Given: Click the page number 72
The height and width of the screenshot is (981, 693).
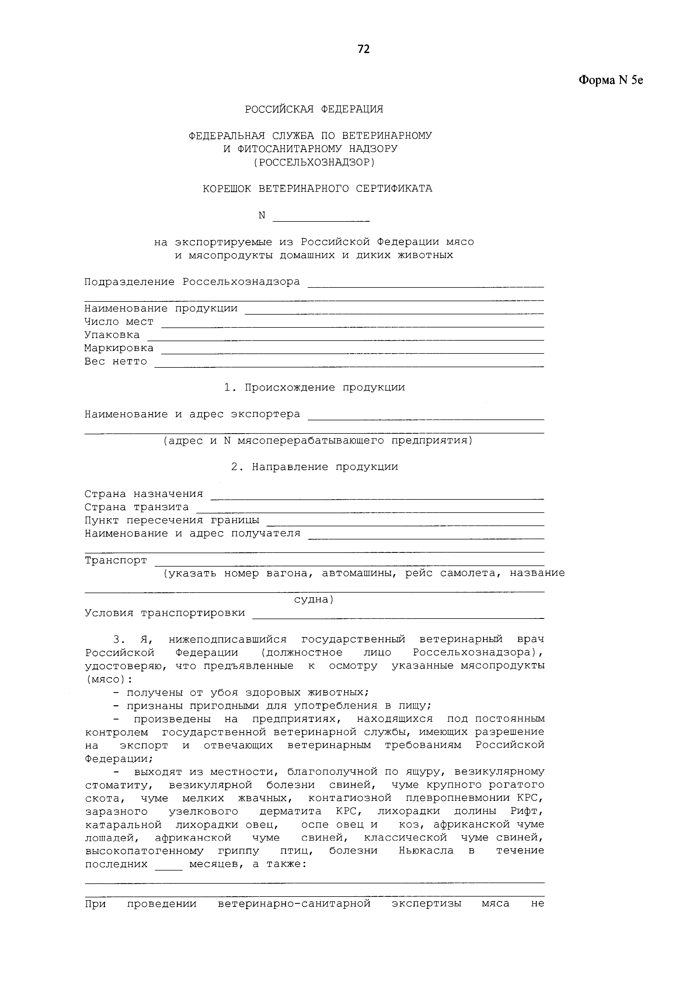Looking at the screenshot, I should click(363, 49).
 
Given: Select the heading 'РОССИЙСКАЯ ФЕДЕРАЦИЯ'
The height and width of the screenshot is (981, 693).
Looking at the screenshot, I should click(314, 109).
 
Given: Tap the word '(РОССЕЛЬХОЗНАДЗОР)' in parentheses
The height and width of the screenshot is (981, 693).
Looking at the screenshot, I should click(314, 162).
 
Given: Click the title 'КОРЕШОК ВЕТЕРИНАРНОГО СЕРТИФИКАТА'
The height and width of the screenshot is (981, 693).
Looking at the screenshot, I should click(317, 188).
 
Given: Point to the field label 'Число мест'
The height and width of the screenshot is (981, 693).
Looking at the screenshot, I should click(119, 322).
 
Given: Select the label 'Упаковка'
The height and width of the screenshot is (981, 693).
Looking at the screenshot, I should click(112, 335).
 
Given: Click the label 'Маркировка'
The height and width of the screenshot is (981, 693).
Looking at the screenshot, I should click(119, 348).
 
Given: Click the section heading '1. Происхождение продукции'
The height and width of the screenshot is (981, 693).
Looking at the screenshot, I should click(314, 388).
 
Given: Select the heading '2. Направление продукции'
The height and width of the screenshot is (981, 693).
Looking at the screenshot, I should click(314, 467).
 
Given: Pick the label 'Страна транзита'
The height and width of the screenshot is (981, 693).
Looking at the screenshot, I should click(137, 507).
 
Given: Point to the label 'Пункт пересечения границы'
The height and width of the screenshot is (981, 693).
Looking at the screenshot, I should click(172, 520).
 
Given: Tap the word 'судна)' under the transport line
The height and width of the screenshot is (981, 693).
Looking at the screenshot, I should click(314, 600).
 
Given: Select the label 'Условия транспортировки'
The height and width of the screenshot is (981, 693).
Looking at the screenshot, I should click(165, 613).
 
